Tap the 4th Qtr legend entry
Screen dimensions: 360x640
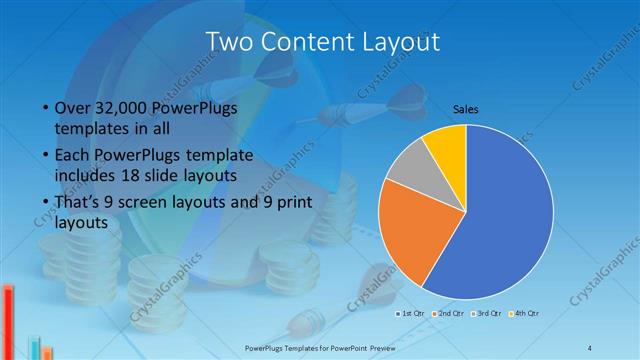526,314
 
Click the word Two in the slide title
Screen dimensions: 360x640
229,42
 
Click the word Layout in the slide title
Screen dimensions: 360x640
399,42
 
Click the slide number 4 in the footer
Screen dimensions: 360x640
590,347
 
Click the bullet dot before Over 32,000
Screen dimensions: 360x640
46,108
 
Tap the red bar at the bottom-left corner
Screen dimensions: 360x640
8,321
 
